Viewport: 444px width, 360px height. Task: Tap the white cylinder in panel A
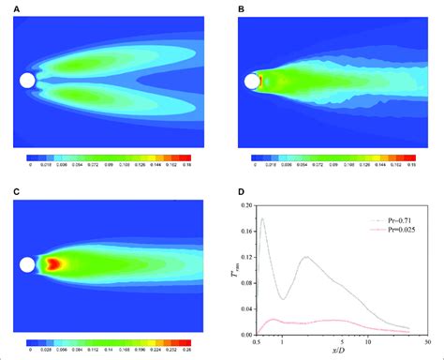tap(28, 82)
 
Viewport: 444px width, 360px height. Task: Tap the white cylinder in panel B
tap(252, 82)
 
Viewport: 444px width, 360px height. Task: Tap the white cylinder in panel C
tap(28, 264)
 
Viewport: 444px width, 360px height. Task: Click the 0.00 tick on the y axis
tap(244, 334)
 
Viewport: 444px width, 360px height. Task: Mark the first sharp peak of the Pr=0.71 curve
tap(262, 219)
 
